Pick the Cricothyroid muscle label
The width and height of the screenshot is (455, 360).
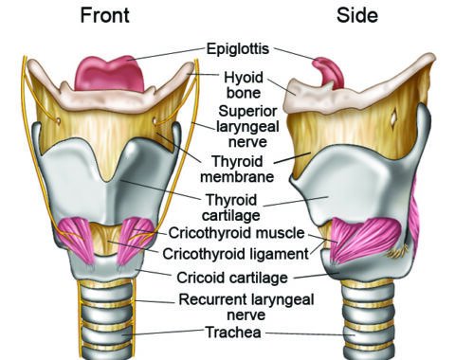coord(236,233)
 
